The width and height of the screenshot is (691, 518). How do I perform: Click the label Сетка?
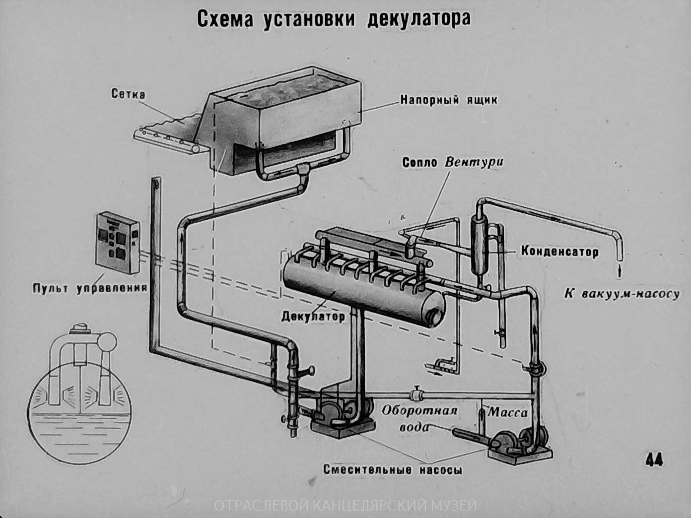(129, 94)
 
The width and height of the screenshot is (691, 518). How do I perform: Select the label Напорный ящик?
(449, 100)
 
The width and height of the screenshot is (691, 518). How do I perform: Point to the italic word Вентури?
(474, 162)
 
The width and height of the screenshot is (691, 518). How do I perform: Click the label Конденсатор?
(559, 252)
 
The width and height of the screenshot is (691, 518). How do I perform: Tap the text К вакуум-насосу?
(622, 294)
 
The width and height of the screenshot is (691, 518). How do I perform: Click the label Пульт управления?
(89, 288)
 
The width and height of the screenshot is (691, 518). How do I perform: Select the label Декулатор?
(313, 316)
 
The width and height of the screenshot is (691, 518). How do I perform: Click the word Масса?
(508, 412)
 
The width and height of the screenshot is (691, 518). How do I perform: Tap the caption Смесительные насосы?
(392, 469)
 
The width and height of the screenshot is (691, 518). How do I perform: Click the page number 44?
(654, 460)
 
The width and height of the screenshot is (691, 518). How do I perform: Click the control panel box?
(117, 243)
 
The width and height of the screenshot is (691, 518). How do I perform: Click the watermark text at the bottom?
(345, 506)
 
